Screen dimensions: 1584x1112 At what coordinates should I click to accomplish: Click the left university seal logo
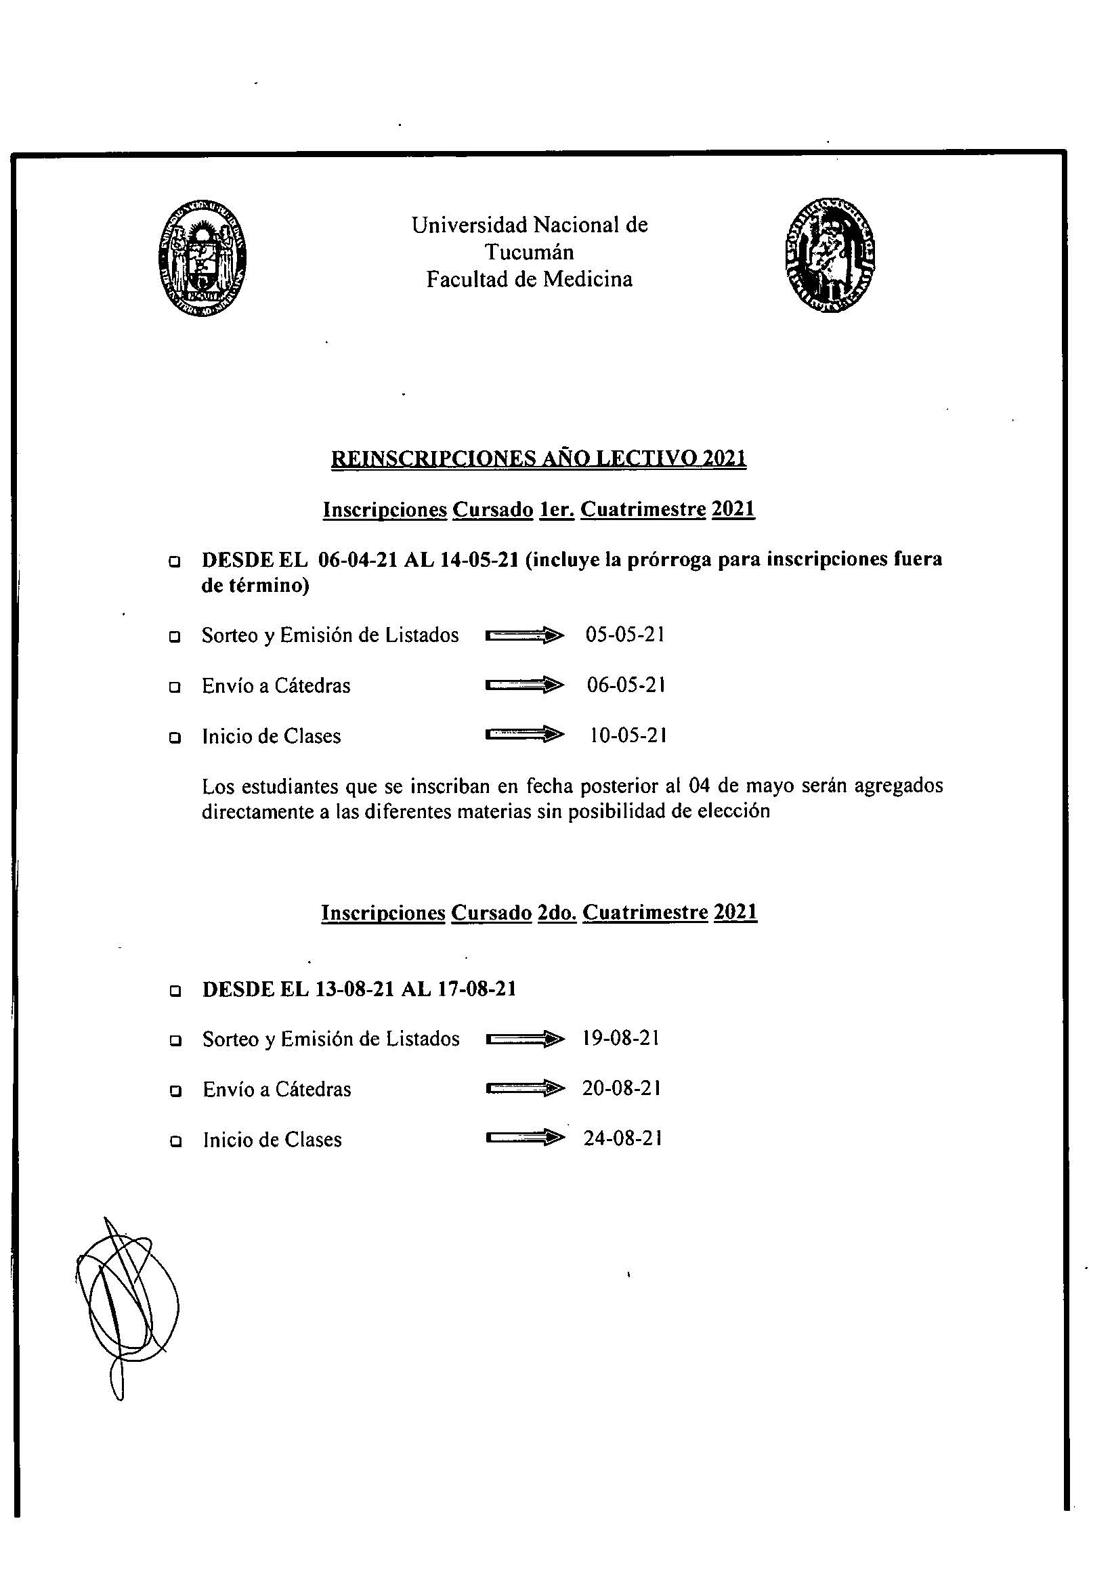pos(202,259)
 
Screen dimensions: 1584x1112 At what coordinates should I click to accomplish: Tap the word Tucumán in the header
pos(529,252)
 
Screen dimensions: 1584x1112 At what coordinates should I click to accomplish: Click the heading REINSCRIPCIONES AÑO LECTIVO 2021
pos(539,458)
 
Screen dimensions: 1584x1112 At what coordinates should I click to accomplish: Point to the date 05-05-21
pos(625,635)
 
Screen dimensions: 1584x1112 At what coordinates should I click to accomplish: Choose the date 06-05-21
pos(626,685)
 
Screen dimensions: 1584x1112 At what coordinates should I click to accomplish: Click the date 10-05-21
pos(628,735)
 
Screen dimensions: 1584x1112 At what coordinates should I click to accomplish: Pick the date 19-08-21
pos(621,1038)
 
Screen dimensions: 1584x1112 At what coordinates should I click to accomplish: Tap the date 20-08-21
pos(622,1089)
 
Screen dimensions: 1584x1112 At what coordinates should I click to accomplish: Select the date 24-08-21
pos(623,1138)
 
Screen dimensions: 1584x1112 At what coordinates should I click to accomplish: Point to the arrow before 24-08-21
pos(524,1139)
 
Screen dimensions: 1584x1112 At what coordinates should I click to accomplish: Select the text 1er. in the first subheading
pos(557,510)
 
